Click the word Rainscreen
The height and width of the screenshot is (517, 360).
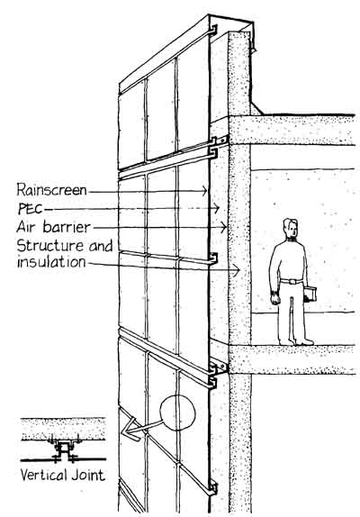[51, 190]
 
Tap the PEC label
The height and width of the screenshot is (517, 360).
[31, 209]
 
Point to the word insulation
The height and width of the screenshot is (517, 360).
[51, 262]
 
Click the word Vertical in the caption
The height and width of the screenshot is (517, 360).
[44, 476]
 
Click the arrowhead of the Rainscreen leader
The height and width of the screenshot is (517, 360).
[205, 191]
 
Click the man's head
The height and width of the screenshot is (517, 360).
[290, 228]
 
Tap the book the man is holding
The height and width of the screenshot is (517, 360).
[310, 295]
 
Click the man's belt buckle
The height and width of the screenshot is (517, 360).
[292, 281]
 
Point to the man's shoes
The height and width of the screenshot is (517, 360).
[296, 342]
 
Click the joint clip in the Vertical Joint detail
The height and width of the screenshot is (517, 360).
[63, 449]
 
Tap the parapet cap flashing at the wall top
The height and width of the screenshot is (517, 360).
[230, 24]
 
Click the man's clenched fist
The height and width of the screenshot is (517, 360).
[275, 299]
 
